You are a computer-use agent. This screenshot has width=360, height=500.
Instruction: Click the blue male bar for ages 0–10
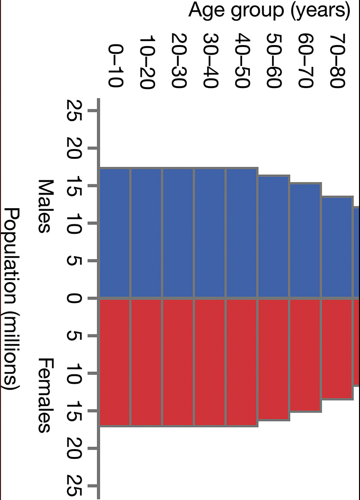click(115, 233)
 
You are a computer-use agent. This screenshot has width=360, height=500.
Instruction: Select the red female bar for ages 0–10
click(115, 362)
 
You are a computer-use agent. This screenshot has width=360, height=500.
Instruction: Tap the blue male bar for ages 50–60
click(273, 237)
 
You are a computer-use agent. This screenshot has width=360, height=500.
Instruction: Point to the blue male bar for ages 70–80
click(337, 247)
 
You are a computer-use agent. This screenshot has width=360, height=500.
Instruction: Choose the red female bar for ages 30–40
click(210, 362)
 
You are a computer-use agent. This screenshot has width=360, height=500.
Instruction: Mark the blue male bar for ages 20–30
click(178, 233)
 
